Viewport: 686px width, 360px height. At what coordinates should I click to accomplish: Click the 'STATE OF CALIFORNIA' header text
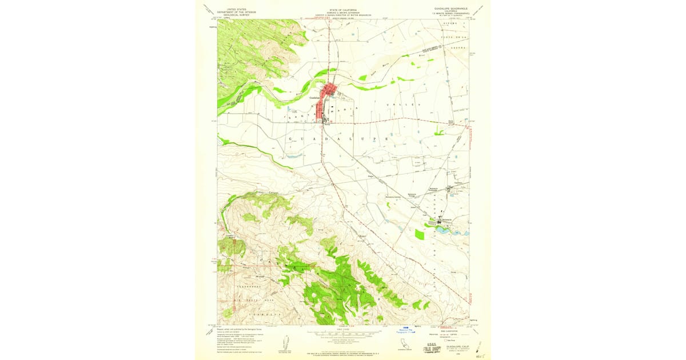coord(343,10)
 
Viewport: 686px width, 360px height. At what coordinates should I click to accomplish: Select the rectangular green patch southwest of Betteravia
coord(420,234)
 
